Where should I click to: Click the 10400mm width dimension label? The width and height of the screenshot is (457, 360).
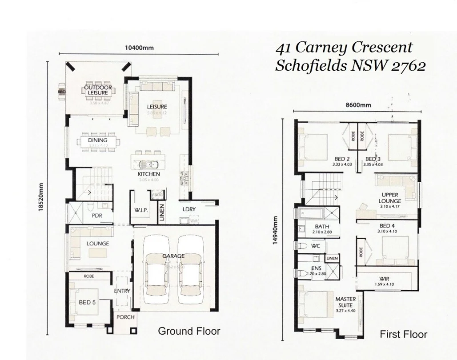tap(139, 48)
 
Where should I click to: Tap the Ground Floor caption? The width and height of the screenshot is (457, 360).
tap(189, 331)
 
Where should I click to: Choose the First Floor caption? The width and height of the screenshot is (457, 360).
tap(403, 334)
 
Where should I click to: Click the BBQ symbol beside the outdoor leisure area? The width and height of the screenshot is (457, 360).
tap(61, 92)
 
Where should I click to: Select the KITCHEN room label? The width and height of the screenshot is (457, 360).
tap(148, 174)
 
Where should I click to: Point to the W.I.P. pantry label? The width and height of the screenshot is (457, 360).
tap(141, 210)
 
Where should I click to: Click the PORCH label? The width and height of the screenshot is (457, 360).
tap(125, 317)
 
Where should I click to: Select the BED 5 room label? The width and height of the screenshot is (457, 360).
tap(87, 302)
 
